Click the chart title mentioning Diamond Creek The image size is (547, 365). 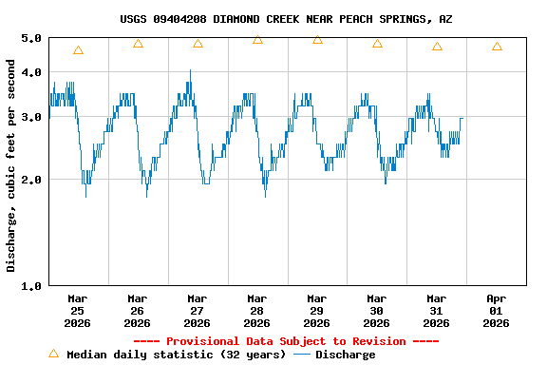pyautogui.click(x=285, y=19)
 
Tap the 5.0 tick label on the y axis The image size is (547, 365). pyautogui.click(x=31, y=38)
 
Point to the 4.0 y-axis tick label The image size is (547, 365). pyautogui.click(x=31, y=72)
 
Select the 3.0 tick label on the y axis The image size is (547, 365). pyautogui.click(x=31, y=117)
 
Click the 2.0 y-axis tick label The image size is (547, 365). pyautogui.click(x=31, y=180)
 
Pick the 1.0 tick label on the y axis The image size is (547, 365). pyautogui.click(x=31, y=285)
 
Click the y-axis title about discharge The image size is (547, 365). pyautogui.click(x=11, y=165)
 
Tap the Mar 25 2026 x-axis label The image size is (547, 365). pyautogui.click(x=78, y=310)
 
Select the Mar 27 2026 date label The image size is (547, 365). pyautogui.click(x=198, y=310)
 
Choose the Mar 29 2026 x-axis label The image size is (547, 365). pyautogui.click(x=317, y=310)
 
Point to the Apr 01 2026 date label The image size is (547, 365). pyautogui.click(x=496, y=310)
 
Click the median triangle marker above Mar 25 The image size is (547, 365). pyautogui.click(x=78, y=50)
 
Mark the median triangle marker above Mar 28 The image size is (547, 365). pyautogui.click(x=257, y=40)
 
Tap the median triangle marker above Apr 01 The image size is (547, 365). pyautogui.click(x=497, y=47)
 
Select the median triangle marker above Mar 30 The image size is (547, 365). pyautogui.click(x=377, y=44)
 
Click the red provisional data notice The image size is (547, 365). pyautogui.click(x=286, y=341)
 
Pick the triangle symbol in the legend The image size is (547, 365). pyautogui.click(x=53, y=354)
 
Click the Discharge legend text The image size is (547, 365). pyautogui.click(x=345, y=355)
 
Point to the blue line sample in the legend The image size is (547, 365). pyautogui.click(x=302, y=355)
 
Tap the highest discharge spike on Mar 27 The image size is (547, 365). pyautogui.click(x=190, y=71)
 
